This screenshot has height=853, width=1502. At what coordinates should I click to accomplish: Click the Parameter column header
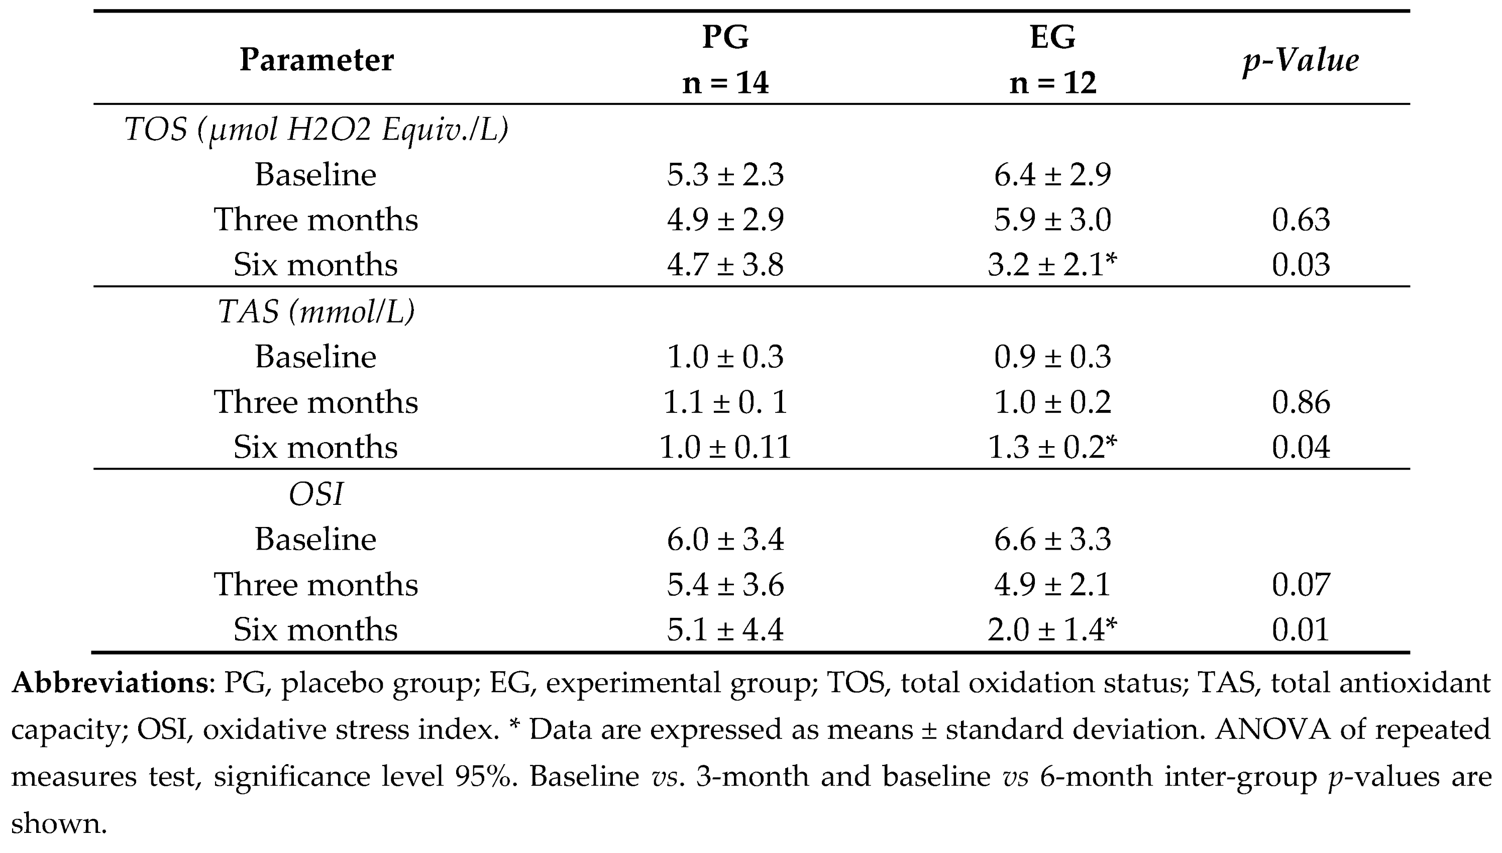point(316,60)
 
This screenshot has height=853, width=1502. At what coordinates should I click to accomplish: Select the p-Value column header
point(1301,60)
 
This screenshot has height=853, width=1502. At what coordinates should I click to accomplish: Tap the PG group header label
point(725,36)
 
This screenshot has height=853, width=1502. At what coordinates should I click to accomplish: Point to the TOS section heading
point(316,130)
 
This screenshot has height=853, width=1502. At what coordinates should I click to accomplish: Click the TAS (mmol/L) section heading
point(316,311)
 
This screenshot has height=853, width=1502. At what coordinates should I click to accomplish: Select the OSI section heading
point(316,494)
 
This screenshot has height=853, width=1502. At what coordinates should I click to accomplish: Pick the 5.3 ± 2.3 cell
point(725,175)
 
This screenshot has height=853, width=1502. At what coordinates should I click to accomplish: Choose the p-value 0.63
point(1301,220)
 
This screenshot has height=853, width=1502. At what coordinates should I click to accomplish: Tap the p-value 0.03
point(1301,265)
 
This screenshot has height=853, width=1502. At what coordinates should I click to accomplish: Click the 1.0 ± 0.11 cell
point(725,448)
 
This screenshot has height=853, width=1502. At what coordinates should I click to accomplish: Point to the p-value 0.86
point(1301,402)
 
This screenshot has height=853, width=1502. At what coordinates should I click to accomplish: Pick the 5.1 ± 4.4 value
point(725,630)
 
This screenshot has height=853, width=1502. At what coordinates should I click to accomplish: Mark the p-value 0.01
point(1301,630)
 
